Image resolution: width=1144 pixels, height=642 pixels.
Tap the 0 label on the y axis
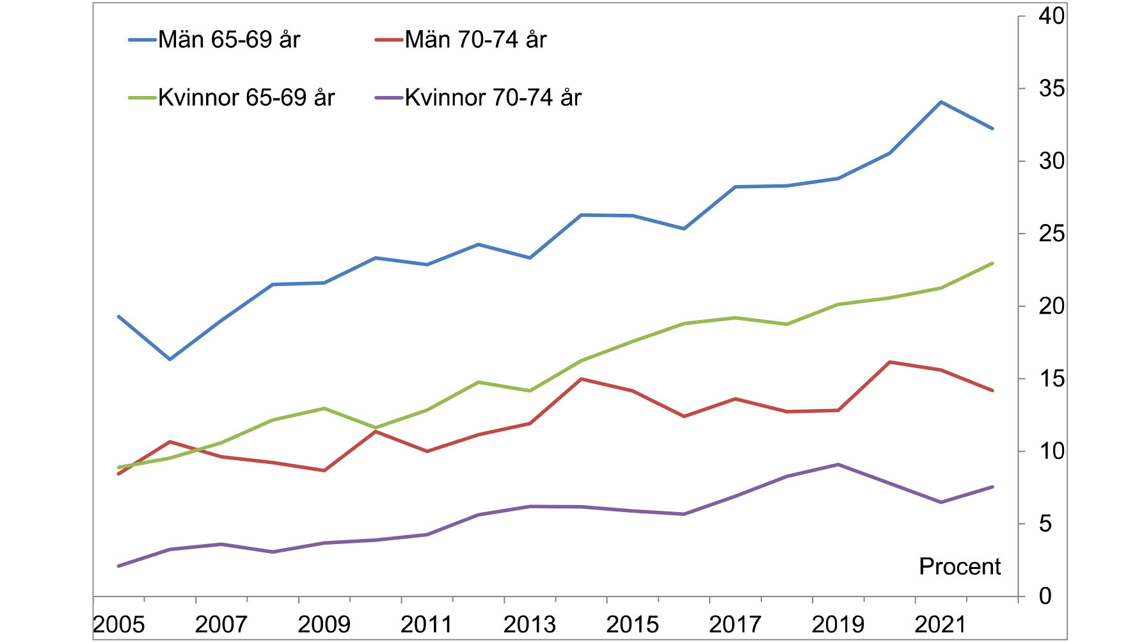(x=1045, y=596)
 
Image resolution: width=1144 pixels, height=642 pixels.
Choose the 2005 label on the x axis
(x=118, y=624)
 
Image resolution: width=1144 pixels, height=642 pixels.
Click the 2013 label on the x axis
(x=529, y=624)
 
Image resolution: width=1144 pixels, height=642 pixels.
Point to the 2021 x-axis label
(x=940, y=624)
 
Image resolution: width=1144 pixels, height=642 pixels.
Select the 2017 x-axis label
(x=735, y=624)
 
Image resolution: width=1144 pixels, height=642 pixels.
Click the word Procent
(x=960, y=566)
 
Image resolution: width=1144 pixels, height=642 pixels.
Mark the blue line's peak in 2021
(x=941, y=102)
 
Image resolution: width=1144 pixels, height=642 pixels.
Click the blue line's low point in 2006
(x=170, y=359)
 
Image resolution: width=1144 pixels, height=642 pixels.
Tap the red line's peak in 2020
(x=889, y=362)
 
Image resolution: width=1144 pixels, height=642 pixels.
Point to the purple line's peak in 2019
(x=838, y=464)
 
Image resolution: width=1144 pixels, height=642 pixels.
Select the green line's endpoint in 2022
(x=992, y=263)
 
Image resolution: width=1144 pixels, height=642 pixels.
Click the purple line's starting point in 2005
(x=118, y=566)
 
